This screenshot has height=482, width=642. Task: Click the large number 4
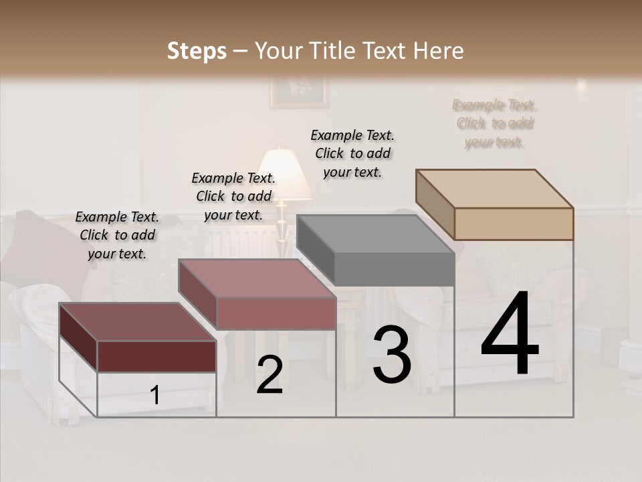point(510,334)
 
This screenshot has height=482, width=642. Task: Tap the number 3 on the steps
point(392,355)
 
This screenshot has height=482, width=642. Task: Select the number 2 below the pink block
point(270,375)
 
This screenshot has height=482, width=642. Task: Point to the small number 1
point(154,396)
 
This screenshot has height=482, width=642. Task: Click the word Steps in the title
point(197,51)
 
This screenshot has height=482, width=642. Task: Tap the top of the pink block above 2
point(257,278)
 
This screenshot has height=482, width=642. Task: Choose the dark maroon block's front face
point(156,356)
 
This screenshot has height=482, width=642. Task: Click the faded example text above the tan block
point(494,124)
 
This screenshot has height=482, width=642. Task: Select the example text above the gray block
point(352,153)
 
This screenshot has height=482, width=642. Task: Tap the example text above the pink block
point(233,196)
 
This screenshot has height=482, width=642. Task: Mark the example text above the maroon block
point(117,235)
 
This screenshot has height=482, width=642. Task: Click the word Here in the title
point(439,51)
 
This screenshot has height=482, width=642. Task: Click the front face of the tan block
point(514,224)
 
